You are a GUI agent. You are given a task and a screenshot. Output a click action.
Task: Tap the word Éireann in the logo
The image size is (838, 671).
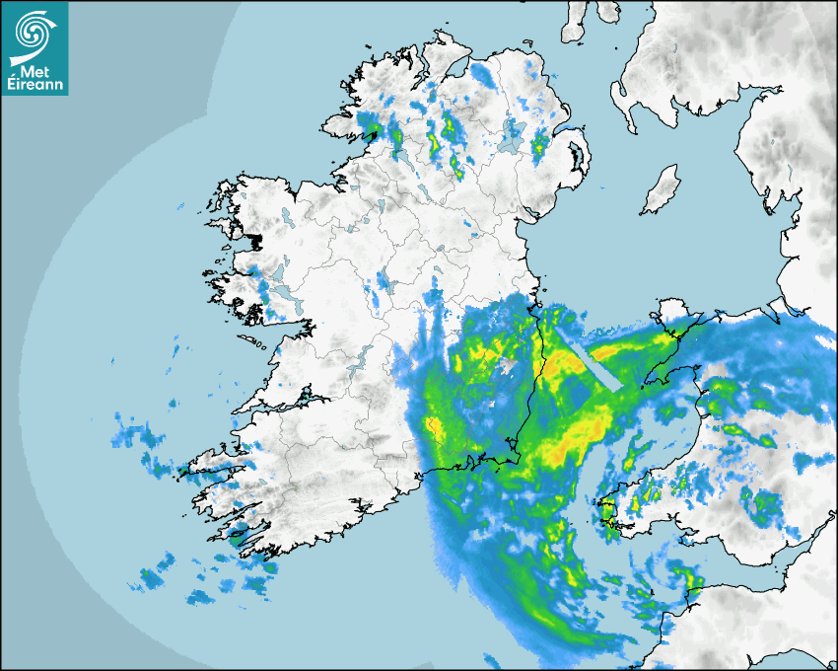coord(35,85)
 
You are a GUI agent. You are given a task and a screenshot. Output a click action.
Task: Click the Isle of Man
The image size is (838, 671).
coord(661,190)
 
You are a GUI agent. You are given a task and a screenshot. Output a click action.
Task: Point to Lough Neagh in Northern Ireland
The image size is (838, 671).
coord(510,143)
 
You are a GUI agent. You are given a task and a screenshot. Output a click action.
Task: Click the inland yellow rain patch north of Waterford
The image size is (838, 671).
coord(435,426)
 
